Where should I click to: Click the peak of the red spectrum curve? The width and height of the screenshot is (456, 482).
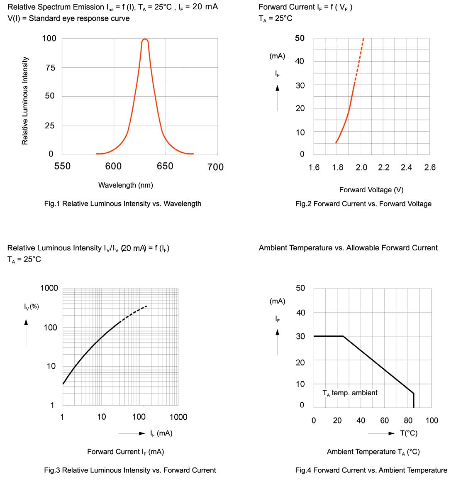click(x=145, y=39)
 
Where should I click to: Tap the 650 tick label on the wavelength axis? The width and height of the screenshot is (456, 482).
click(x=165, y=166)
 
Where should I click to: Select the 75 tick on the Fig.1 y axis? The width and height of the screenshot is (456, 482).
click(x=50, y=68)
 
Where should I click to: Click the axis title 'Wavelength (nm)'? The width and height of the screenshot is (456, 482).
click(x=125, y=185)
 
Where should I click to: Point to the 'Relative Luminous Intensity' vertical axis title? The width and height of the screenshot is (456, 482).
click(x=25, y=101)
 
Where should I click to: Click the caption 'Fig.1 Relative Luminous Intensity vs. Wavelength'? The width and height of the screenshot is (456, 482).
click(x=122, y=204)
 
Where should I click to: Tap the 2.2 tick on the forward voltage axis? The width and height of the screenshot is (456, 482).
click(x=384, y=167)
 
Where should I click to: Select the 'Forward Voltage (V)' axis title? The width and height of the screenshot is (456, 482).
click(x=371, y=190)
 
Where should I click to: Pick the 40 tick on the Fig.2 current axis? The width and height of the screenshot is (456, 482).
click(x=300, y=61)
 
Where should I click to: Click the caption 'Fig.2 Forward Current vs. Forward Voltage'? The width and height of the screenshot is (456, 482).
click(x=363, y=204)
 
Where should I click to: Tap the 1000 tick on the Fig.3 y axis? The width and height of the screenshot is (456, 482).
click(x=49, y=288)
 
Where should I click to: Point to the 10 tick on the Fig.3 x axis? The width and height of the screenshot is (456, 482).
click(x=101, y=417)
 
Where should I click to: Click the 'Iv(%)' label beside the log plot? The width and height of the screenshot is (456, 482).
click(x=32, y=307)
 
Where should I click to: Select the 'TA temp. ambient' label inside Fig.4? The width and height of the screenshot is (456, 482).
click(x=350, y=393)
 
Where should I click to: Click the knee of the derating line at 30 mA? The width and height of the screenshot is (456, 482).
click(x=343, y=336)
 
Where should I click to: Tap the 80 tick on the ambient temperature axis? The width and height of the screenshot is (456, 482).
click(x=408, y=421)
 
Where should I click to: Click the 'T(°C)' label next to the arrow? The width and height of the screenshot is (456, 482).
click(x=409, y=433)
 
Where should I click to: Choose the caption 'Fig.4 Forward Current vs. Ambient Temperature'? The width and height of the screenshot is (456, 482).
click(x=371, y=470)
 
